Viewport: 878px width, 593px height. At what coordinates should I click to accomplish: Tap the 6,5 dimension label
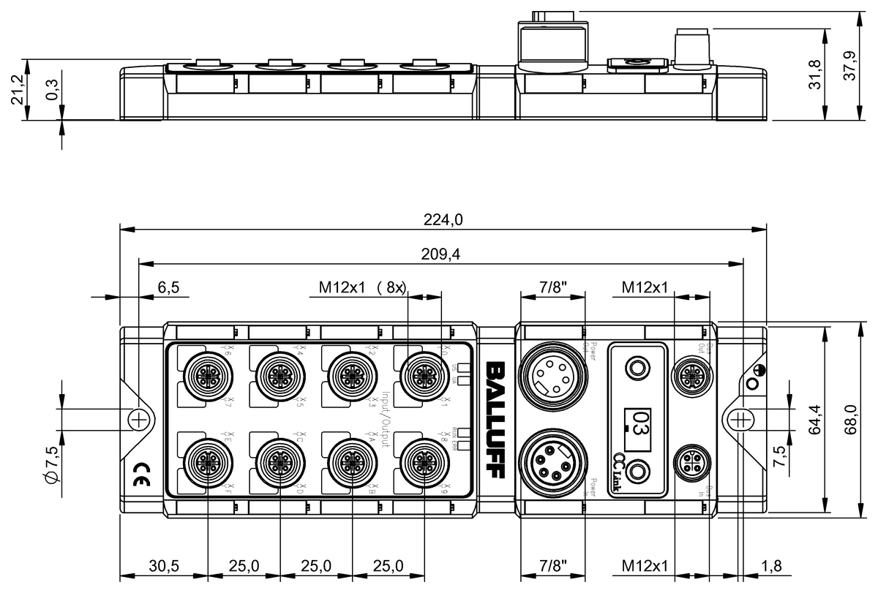point(169,288)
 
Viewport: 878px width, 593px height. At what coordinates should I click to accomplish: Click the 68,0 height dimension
point(852,419)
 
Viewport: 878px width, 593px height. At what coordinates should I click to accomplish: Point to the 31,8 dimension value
point(817,73)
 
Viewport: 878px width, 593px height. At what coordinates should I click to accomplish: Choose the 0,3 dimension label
point(53,89)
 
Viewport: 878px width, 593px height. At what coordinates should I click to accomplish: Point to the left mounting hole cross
point(138,419)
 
